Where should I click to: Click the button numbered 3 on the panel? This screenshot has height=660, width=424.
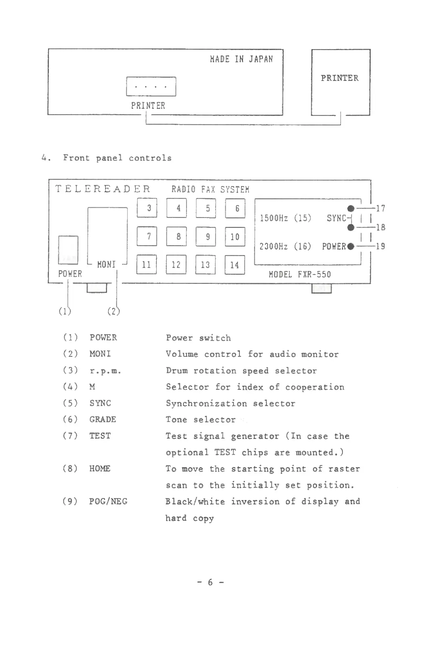pos(147,208)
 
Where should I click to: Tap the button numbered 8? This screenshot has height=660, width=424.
pos(176,237)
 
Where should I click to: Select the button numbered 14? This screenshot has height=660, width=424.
pos(235,265)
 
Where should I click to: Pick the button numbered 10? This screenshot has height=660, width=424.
pos(235,237)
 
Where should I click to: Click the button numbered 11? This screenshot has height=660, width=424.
pos(147,265)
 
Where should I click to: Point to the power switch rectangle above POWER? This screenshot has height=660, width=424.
pos(68,250)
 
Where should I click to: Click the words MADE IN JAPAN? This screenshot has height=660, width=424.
pos(241,59)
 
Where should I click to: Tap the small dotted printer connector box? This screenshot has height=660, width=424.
pos(151,86)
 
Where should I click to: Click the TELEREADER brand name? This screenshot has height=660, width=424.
pos(103,189)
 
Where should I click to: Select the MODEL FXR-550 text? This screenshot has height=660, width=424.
pos(300,274)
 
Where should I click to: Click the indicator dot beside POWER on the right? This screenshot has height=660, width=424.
pos(351,246)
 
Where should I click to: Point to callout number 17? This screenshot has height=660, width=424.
pos(380,208)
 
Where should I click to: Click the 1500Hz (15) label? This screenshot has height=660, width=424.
pos(285,218)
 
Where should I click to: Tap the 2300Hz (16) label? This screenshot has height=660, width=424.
pos(285,246)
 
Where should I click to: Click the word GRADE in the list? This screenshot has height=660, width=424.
pos(103,419)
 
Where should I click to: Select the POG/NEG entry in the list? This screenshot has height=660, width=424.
pos(108,501)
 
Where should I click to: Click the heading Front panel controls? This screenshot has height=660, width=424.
pos(117,158)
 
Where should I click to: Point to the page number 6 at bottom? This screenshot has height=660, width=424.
pos(210,583)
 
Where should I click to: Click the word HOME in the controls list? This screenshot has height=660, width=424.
pos(100,468)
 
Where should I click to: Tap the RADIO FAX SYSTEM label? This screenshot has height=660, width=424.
pos(210,189)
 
